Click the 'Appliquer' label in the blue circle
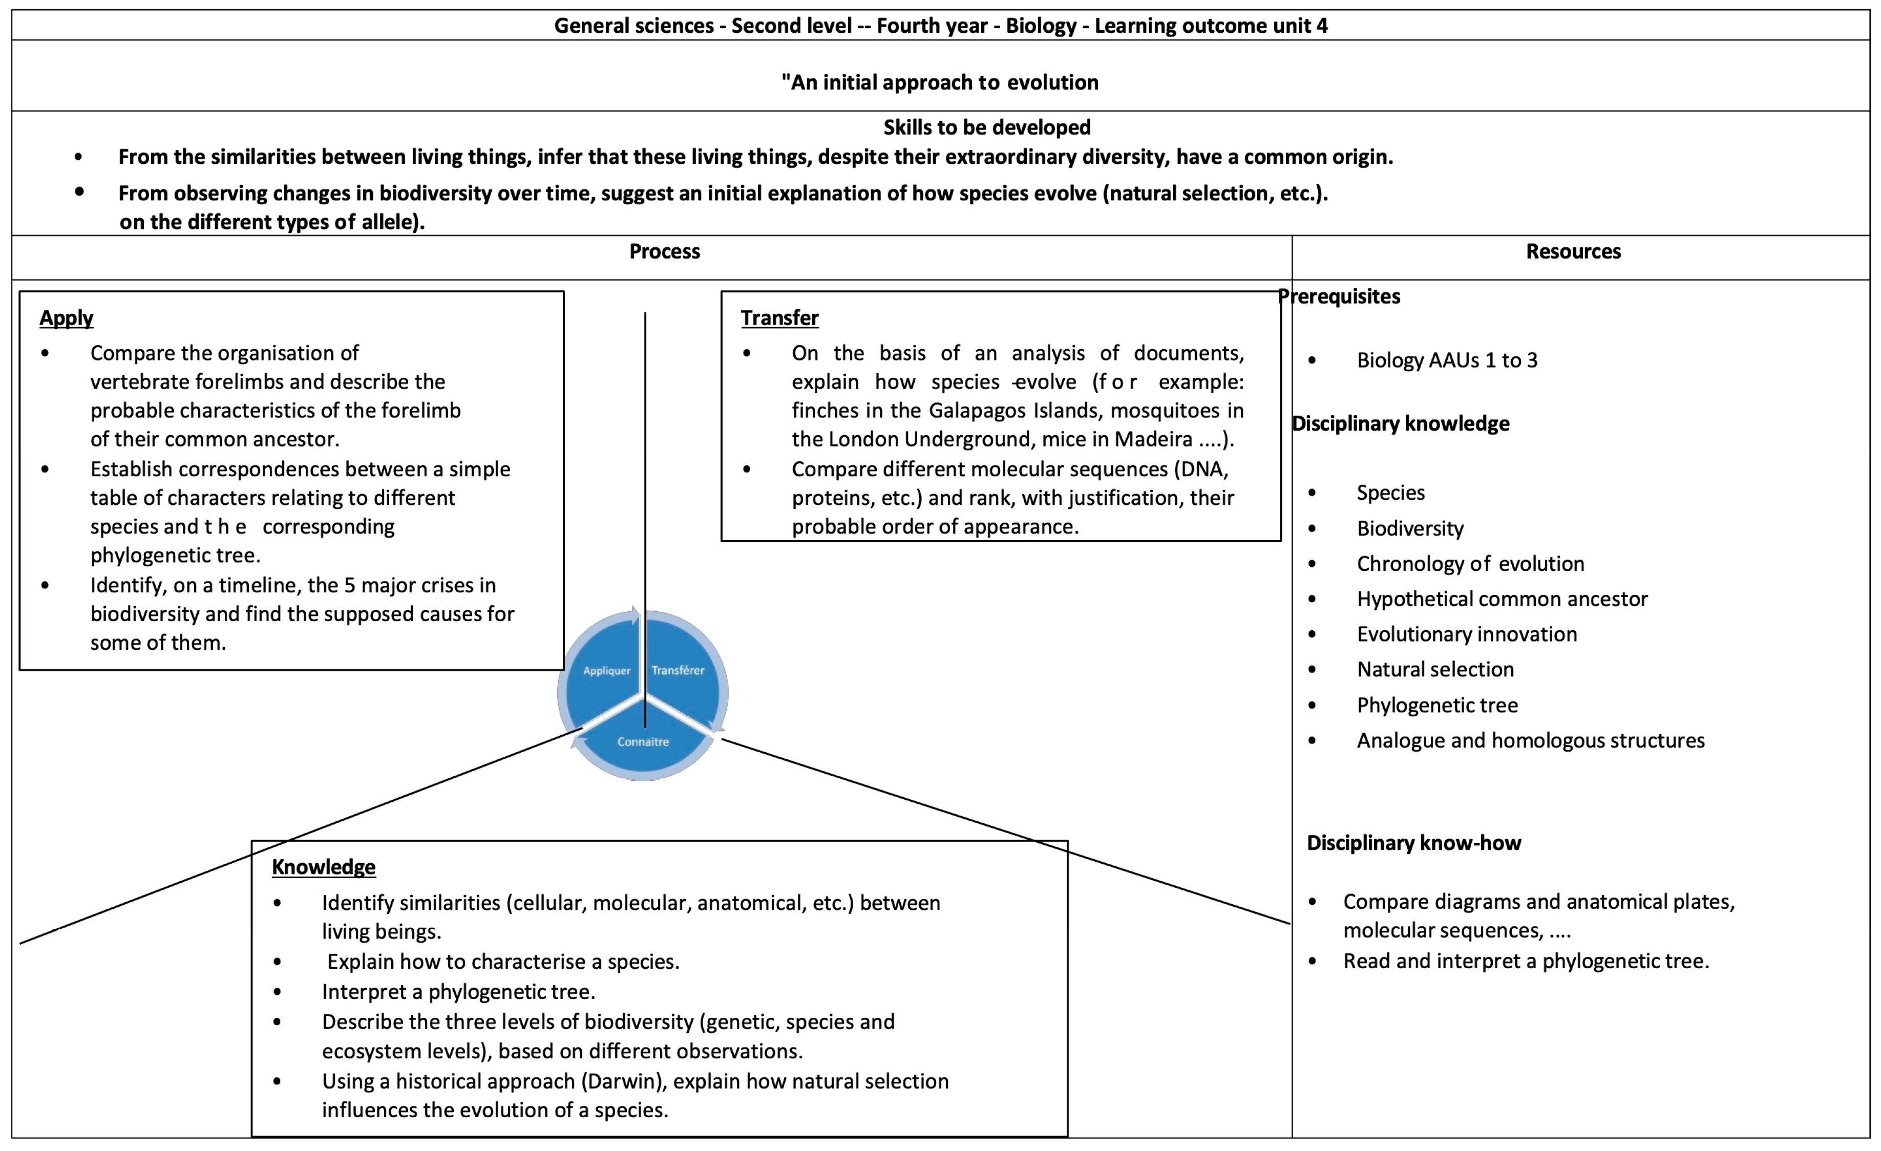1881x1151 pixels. (x=607, y=671)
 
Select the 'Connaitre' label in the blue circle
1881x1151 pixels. (x=643, y=742)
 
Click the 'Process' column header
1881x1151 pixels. (x=664, y=252)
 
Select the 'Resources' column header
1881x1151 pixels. (x=1573, y=252)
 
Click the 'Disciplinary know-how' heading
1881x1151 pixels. (x=1414, y=843)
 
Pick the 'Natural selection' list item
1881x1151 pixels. (x=1435, y=669)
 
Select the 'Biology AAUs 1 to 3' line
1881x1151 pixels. (x=1447, y=360)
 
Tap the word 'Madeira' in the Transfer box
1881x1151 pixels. (x=1153, y=440)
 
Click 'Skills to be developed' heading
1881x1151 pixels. (x=987, y=127)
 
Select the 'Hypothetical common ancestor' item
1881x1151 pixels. (x=1502, y=599)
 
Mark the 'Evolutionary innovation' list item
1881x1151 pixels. (x=1467, y=634)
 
